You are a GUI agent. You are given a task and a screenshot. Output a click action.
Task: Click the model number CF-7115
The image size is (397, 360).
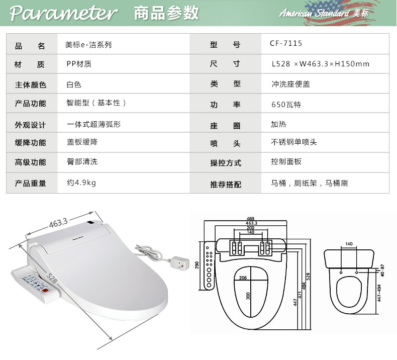286,44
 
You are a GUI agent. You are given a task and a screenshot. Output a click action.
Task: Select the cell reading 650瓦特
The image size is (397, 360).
286,105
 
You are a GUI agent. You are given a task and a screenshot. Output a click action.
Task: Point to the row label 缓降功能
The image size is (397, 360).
30,142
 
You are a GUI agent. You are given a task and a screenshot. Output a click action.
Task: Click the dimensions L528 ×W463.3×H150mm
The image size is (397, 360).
320,64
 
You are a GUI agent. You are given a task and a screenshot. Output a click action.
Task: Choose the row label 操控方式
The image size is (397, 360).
226,163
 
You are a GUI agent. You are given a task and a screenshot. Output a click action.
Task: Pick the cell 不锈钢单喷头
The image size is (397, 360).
294,142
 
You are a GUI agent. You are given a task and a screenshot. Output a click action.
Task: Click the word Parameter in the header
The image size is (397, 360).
63,14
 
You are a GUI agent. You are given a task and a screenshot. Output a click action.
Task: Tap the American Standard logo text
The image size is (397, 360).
323,14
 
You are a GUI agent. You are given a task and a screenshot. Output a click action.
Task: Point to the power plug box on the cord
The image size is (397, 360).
180,262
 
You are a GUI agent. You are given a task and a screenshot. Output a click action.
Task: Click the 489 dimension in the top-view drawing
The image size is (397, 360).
250,218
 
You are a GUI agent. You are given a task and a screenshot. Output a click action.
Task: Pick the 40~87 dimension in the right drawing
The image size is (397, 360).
381,269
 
